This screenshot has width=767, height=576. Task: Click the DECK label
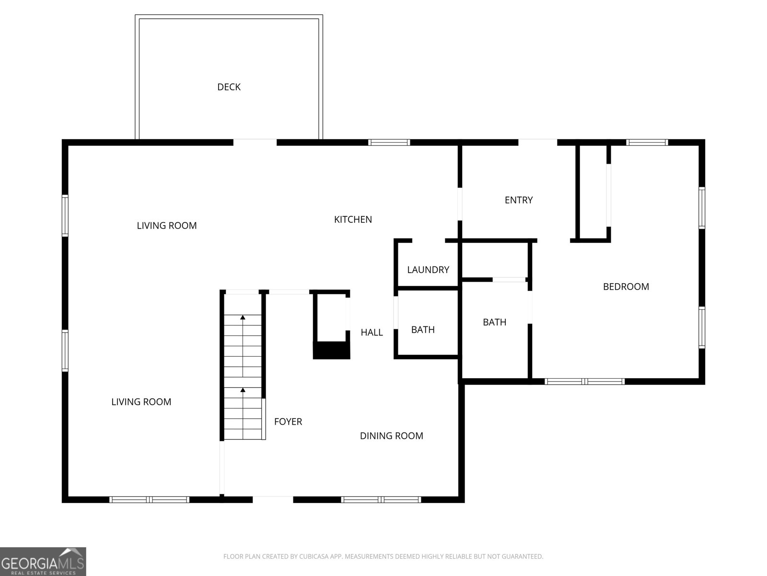tap(229, 87)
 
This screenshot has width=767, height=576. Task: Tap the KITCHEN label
tap(353, 219)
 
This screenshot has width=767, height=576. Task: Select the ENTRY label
tap(519, 200)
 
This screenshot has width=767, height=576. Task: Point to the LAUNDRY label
tap(428, 270)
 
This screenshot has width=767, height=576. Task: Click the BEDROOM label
tap(626, 287)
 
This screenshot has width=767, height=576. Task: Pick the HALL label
tap(372, 332)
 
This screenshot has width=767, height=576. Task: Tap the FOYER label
tap(288, 421)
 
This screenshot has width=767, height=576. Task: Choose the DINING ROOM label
tap(391, 436)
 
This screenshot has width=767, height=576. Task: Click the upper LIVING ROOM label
tap(166, 226)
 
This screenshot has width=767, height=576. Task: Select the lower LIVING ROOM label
tap(141, 402)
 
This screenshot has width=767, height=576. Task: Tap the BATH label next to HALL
tap(423, 330)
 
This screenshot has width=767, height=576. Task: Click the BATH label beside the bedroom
tap(494, 322)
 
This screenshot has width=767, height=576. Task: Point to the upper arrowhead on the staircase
tap(243, 317)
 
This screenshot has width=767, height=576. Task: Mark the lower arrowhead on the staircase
tap(243, 390)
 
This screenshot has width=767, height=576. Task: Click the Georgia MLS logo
tap(43, 561)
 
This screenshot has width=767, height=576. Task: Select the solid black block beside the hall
tap(331, 350)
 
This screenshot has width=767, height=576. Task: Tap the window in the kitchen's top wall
tap(389, 142)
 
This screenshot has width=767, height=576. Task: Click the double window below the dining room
tap(381, 500)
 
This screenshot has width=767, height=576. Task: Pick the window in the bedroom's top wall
tap(647, 142)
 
